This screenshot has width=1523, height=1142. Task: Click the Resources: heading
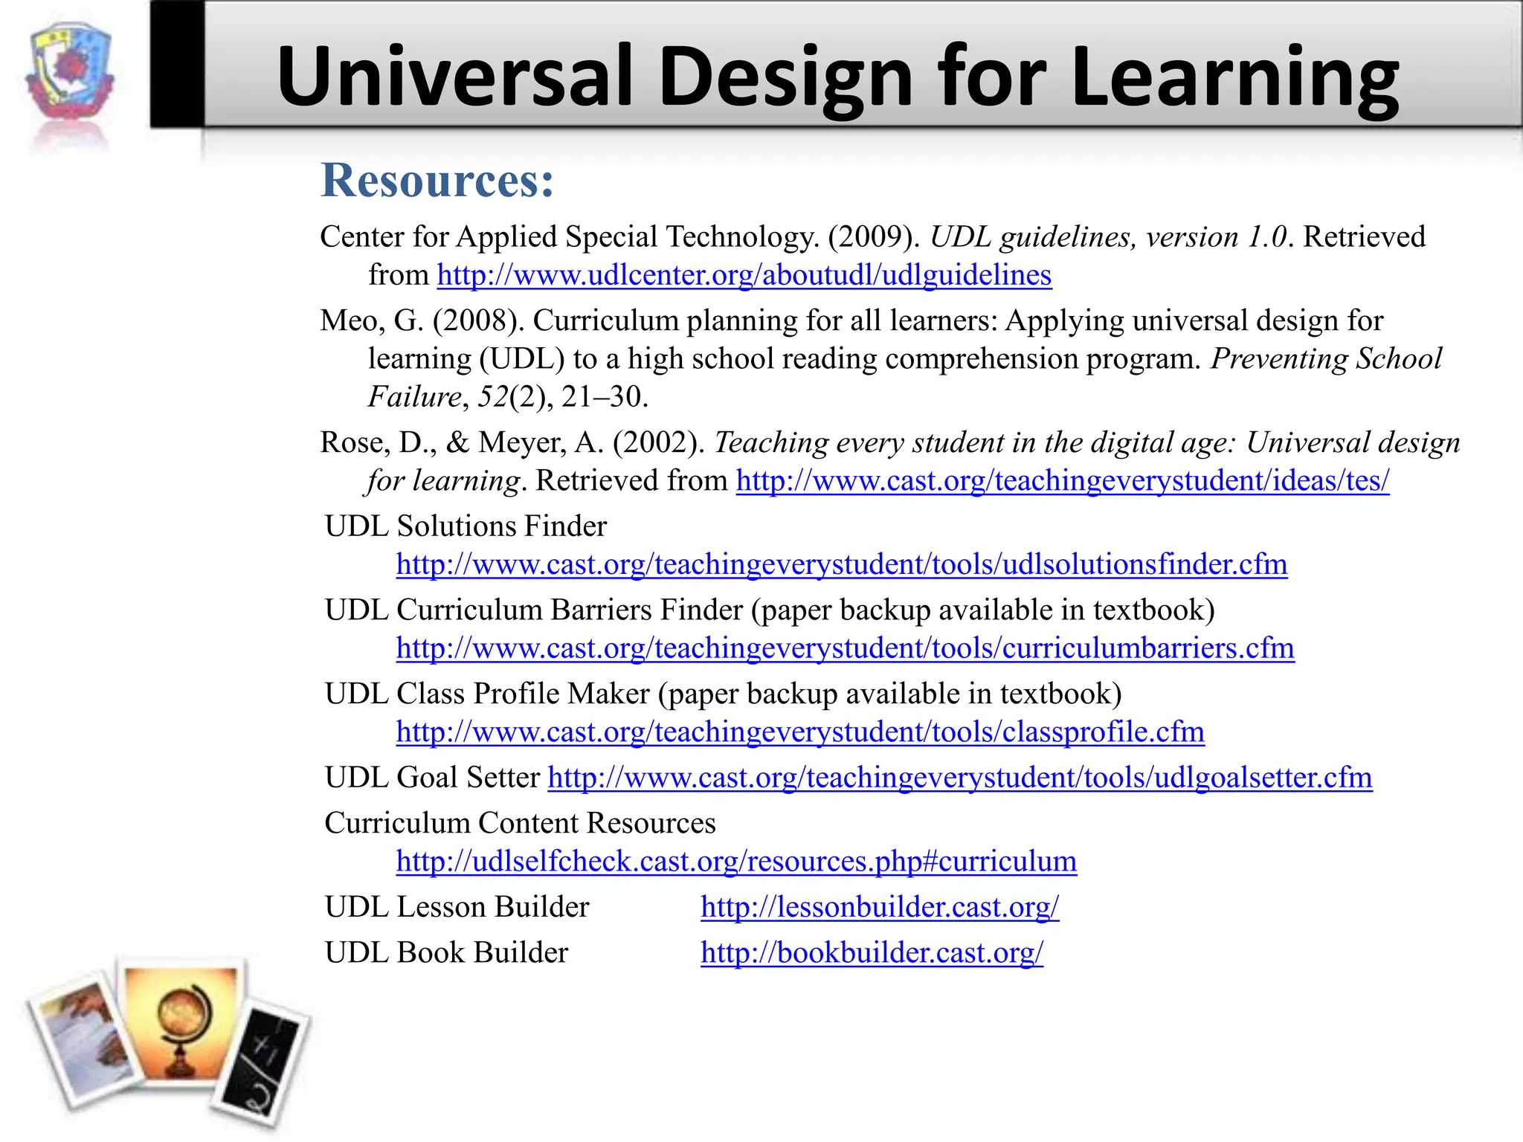(x=437, y=181)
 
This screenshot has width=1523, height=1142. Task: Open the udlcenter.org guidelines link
(x=744, y=275)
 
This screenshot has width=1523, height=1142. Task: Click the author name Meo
(x=352, y=321)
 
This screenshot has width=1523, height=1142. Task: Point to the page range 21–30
(x=604, y=397)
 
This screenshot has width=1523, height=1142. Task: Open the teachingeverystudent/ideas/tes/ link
(x=1062, y=481)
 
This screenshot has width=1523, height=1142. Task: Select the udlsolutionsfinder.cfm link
(x=841, y=565)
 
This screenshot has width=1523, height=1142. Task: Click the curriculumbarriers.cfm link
(x=845, y=648)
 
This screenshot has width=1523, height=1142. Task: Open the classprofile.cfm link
(x=799, y=732)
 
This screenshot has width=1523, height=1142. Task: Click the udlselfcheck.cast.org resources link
(x=735, y=862)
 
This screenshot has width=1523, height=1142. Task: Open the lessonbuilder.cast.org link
(x=879, y=908)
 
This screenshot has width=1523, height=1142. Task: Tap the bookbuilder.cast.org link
(x=872, y=953)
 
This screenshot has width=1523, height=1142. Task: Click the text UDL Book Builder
(x=446, y=953)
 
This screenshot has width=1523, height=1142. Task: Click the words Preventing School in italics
(x=1326, y=359)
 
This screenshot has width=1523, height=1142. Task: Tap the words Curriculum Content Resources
(x=520, y=824)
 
